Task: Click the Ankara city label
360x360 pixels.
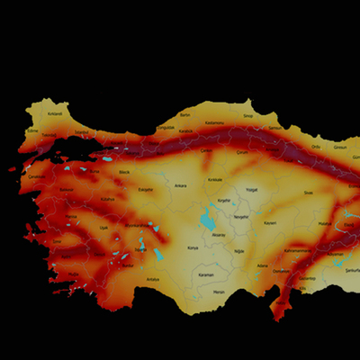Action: click(180, 185)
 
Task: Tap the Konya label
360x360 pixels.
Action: click(193, 247)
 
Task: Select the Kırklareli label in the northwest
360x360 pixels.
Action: click(55, 114)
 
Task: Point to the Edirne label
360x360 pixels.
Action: click(33, 130)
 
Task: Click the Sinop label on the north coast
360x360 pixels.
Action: click(249, 116)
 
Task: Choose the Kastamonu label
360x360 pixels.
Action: click(213, 122)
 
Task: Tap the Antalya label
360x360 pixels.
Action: click(152, 279)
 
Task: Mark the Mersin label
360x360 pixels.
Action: click(218, 292)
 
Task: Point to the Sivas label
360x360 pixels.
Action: click(308, 192)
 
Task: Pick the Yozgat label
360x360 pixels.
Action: click(252, 190)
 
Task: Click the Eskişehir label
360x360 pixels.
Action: click(145, 190)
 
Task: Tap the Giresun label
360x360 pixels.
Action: click(340, 146)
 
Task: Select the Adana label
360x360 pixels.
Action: click(262, 265)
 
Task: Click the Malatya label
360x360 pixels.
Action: click(325, 224)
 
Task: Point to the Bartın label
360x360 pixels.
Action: click(185, 115)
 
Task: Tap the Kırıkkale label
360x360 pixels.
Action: click(214, 180)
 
